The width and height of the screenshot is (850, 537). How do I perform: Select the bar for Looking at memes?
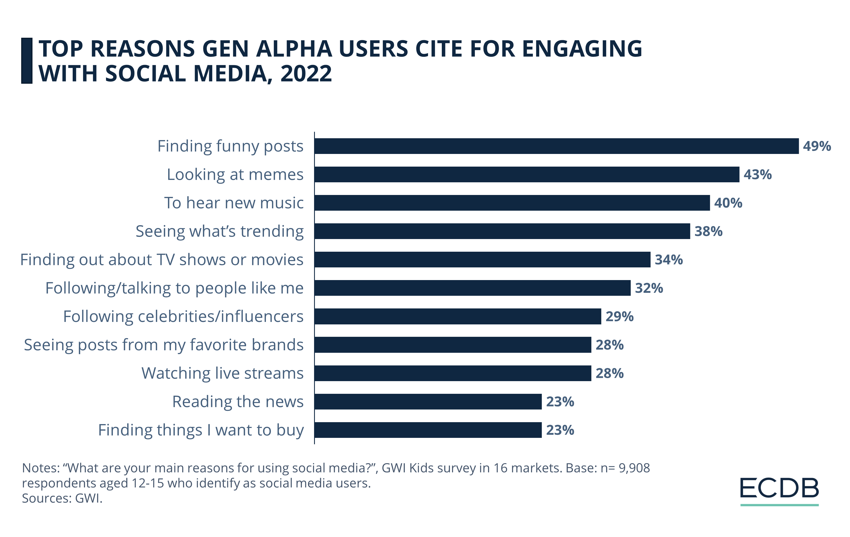click(x=526, y=174)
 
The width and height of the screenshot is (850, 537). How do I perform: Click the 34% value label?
click(x=669, y=260)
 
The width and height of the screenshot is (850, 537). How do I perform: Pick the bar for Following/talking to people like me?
click(x=472, y=288)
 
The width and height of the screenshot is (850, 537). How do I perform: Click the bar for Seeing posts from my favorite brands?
click(x=453, y=345)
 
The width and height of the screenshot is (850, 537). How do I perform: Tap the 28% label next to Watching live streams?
click(x=610, y=373)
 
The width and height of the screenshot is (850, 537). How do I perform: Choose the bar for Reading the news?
click(x=428, y=402)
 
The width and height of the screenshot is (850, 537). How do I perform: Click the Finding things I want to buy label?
click(x=200, y=430)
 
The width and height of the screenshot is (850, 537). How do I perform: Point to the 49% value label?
click(x=816, y=146)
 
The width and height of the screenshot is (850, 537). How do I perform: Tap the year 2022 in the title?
click(x=306, y=74)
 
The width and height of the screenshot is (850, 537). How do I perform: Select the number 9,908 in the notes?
click(x=634, y=468)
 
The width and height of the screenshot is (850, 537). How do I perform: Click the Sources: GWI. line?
click(x=62, y=498)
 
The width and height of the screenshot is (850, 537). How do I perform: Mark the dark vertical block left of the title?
click(x=27, y=61)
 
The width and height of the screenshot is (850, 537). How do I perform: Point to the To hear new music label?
click(x=233, y=203)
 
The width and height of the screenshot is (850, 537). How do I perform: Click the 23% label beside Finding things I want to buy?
click(x=560, y=430)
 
